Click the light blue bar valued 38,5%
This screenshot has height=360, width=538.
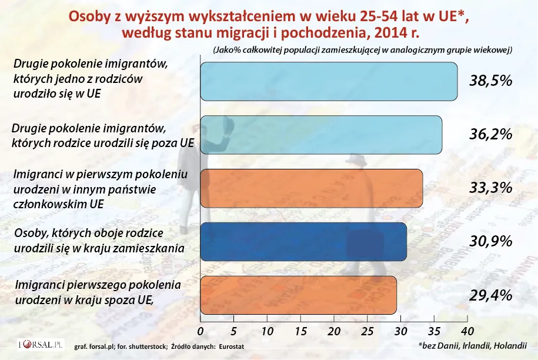(x=329, y=81)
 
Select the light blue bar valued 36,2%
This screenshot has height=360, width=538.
(x=322, y=135)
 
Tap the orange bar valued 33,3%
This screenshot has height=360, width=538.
(x=312, y=188)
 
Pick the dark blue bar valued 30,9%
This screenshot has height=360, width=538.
(x=304, y=242)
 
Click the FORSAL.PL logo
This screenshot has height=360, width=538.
(x=40, y=345)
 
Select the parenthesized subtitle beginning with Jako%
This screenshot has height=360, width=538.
(x=363, y=51)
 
